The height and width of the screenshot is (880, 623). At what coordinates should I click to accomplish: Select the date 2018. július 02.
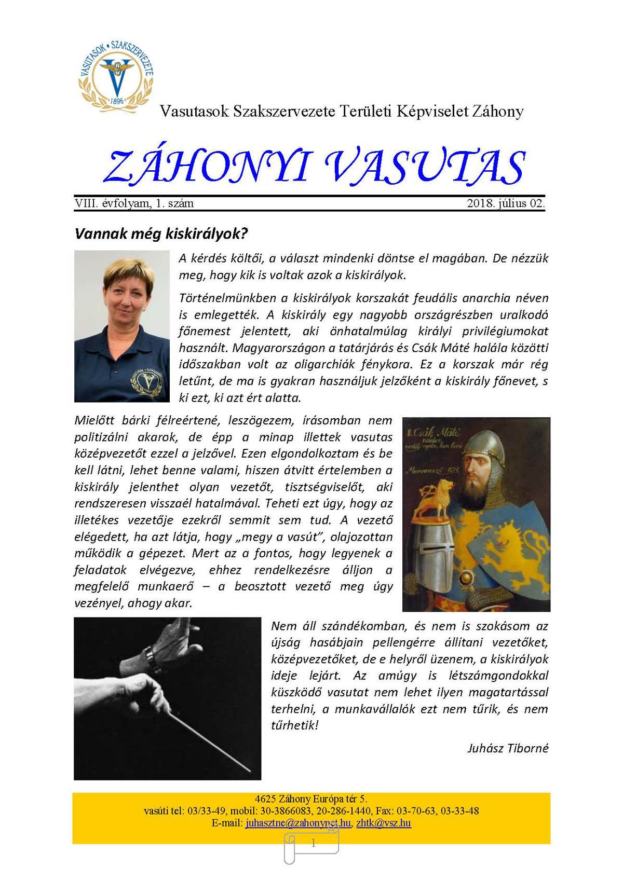[506, 203]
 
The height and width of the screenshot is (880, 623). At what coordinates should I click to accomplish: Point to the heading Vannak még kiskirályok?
[161, 233]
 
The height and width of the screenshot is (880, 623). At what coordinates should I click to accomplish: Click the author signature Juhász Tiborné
[508, 748]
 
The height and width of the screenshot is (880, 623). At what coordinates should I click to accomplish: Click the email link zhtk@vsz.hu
[384, 823]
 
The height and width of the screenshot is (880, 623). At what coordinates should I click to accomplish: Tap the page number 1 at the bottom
[313, 844]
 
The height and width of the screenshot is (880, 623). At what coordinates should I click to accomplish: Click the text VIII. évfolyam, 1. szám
[134, 203]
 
